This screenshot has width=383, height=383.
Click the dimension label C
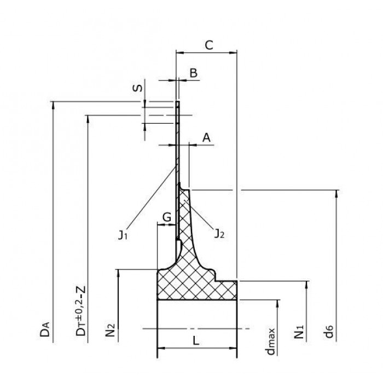tap(209, 45)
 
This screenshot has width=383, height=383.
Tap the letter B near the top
tap(194, 73)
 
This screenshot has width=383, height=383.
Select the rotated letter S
tap(137, 88)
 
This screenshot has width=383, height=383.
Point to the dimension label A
tap(206, 138)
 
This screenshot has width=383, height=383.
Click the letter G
tap(167, 217)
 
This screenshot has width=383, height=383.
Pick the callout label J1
tap(123, 235)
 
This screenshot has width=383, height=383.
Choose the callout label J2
tap(219, 234)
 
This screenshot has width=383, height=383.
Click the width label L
tap(196, 341)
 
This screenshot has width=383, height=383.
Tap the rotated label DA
tap(45, 329)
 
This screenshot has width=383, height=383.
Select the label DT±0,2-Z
tap(81, 311)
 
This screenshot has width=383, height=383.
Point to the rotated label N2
tap(111, 329)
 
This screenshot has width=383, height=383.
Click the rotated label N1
tap(299, 332)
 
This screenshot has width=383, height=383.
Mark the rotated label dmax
tap(271, 341)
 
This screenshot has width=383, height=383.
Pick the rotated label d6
tap(329, 332)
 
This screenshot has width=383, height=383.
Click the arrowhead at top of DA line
tap(53, 105)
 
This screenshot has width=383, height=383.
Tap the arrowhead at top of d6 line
tap(336, 193)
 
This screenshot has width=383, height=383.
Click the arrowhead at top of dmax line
tap(277, 303)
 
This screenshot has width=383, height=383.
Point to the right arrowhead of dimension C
tap(233, 53)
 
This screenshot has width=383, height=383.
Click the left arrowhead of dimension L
tap(161, 348)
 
